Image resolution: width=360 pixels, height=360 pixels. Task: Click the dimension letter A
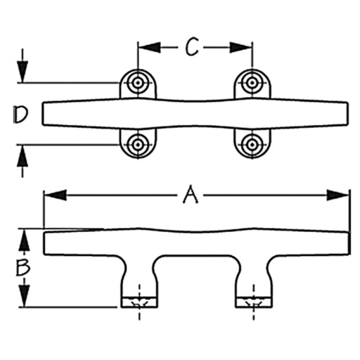(191, 194)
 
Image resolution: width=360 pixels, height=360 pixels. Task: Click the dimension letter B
(22, 267)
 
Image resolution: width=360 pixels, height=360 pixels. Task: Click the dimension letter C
(191, 47)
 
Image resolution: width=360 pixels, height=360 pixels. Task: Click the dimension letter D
(20, 114)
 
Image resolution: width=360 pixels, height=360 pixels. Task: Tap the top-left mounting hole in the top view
(138, 83)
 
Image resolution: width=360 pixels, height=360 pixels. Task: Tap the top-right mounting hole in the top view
(252, 82)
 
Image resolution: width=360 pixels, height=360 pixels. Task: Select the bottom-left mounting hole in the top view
(138, 144)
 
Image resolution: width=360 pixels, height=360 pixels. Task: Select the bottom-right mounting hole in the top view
(252, 144)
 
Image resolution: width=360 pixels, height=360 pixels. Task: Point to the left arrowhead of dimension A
(56, 195)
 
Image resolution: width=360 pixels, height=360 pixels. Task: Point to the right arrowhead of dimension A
(338, 195)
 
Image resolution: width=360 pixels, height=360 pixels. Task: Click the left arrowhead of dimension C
(150, 48)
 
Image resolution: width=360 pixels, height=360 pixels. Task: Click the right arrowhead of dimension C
(240, 48)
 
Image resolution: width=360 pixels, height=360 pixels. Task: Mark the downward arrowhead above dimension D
(22, 72)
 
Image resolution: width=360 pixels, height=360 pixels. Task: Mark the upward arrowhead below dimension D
(22, 156)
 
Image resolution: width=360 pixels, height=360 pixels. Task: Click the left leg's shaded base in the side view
(139, 302)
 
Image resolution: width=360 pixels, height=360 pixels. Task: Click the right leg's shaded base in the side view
(254, 302)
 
